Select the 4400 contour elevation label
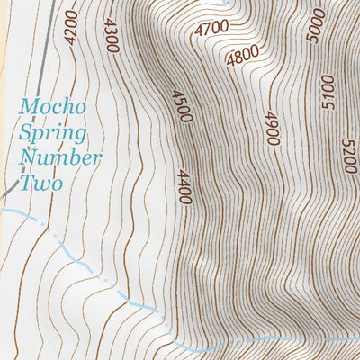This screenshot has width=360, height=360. tap(185, 187)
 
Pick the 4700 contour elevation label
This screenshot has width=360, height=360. tap(211, 28)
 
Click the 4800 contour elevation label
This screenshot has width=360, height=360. tap(243, 57)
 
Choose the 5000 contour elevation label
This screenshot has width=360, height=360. tap(314, 24)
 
